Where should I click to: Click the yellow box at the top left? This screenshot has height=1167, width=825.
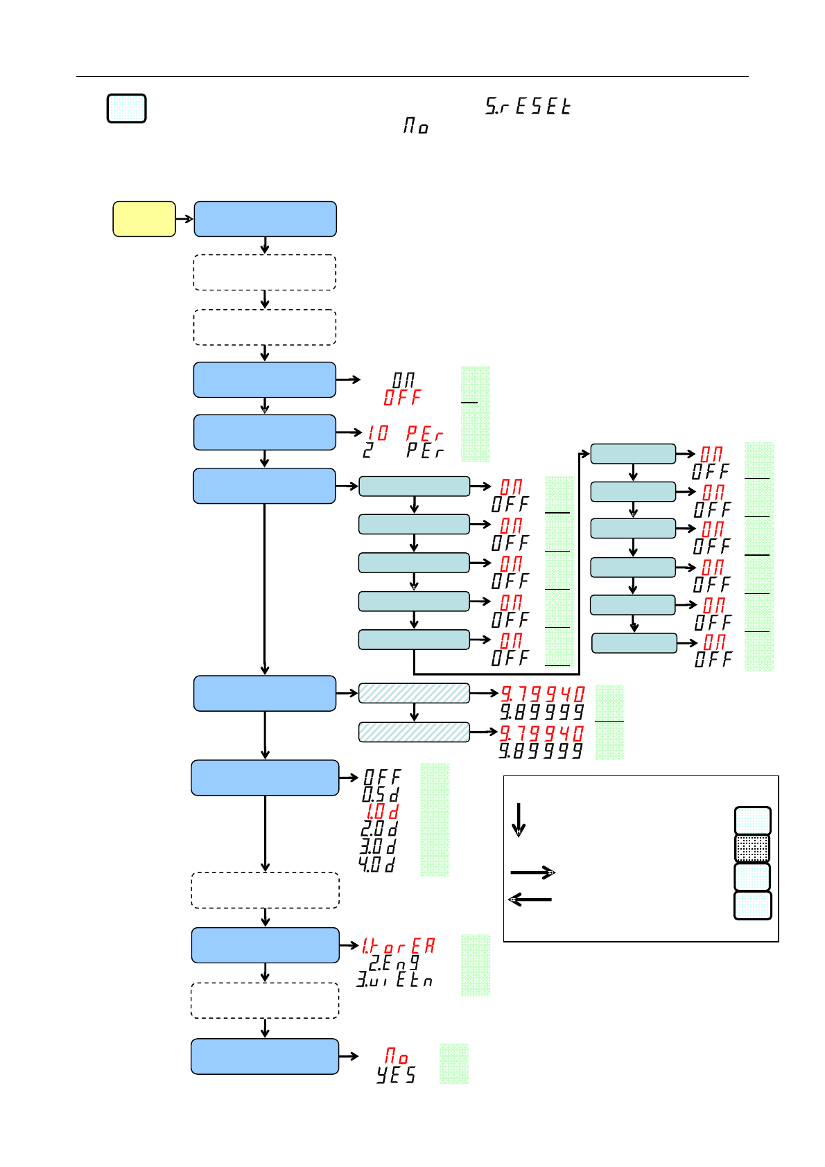point(144,219)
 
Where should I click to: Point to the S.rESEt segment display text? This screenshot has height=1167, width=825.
point(528,106)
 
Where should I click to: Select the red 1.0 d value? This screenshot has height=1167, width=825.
point(382,811)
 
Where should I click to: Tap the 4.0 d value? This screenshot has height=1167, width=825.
point(377,864)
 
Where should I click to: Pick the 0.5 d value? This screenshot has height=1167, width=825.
point(381,794)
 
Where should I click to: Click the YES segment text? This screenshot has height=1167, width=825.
point(396,1075)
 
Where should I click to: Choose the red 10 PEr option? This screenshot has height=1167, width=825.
point(405,433)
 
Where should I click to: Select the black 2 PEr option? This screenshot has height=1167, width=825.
point(403,450)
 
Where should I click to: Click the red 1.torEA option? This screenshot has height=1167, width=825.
point(399,945)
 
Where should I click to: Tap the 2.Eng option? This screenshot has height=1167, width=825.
point(394,963)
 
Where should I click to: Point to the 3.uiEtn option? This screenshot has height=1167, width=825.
point(394,980)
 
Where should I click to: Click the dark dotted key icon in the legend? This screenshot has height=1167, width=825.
point(752,849)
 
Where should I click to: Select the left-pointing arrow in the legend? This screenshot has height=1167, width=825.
point(530,900)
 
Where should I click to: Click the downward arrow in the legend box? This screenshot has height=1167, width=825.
point(519,821)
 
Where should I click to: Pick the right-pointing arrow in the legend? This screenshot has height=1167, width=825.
point(532,872)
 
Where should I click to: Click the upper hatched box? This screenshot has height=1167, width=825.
point(414,693)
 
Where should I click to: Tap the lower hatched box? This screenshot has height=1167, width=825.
point(414,732)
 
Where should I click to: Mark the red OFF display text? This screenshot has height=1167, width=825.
point(402,398)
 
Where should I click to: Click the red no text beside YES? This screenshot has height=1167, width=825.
point(397,1056)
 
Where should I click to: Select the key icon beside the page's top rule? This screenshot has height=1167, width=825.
point(126,109)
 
